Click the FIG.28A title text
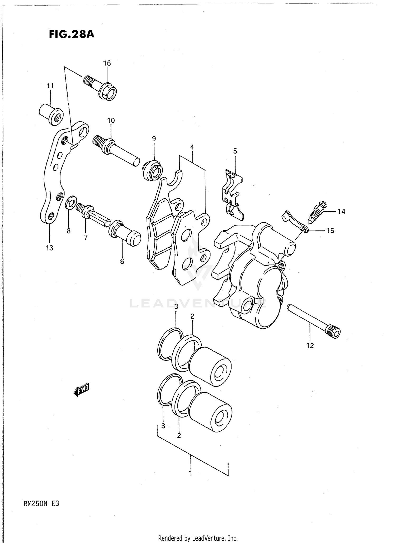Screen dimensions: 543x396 [72, 35]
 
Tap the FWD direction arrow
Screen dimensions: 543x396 [82, 390]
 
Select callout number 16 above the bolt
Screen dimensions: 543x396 [107, 63]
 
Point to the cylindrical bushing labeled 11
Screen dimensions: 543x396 [51, 114]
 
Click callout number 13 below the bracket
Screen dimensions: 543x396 [49, 248]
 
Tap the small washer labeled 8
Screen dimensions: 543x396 [71, 202]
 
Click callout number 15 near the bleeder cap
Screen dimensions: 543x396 [330, 231]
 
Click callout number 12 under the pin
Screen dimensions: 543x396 [310, 345]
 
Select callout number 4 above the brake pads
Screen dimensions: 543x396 [192, 147]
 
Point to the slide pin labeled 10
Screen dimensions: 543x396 [116, 150]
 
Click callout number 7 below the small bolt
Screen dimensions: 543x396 [86, 237]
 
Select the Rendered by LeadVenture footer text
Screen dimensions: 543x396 [198, 538]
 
